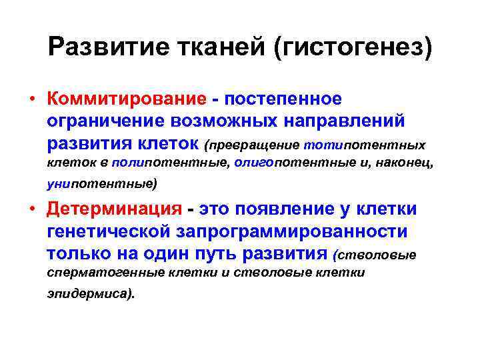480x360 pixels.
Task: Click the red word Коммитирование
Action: [x=127, y=99]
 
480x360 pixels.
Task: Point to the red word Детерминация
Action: [x=114, y=209]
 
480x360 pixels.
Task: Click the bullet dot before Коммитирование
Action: [x=32, y=99]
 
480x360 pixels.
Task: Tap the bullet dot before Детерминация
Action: [x=32, y=209]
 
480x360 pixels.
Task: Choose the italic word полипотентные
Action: [x=171, y=162]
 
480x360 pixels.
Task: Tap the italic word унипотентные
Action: [x=99, y=183]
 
